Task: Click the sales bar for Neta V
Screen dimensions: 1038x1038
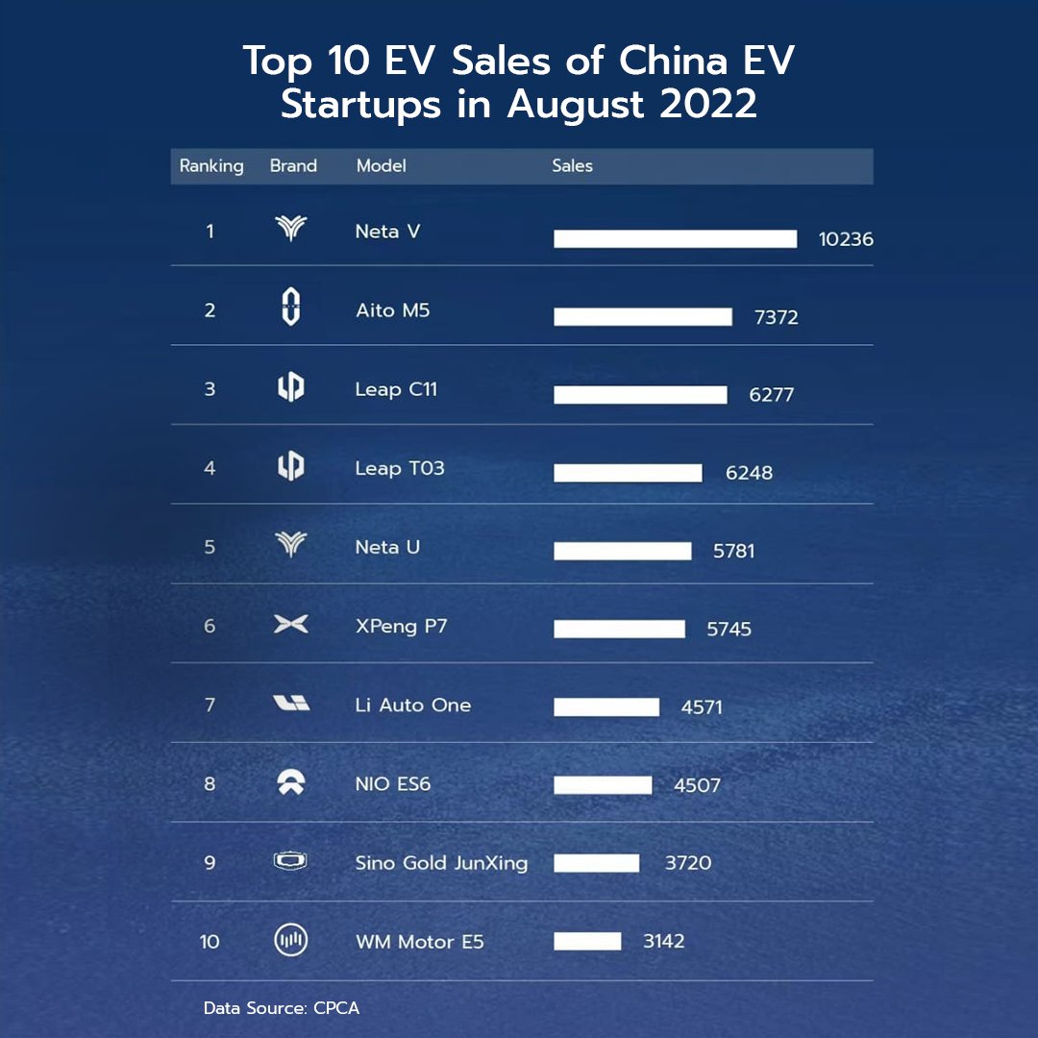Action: pos(675,238)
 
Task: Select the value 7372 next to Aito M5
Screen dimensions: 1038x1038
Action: pos(776,317)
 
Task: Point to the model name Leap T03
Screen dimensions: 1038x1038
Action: pos(399,468)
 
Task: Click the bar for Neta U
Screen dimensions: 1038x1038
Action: pos(622,551)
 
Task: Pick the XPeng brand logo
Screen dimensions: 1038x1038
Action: pos(290,625)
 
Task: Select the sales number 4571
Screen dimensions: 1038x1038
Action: pos(701,707)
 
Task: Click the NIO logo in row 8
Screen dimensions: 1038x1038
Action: pos(290,782)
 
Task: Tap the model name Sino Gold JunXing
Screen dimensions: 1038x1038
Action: pos(441,862)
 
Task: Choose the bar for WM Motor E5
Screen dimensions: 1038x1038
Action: pos(587,941)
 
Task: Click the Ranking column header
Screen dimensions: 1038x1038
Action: pos(211,165)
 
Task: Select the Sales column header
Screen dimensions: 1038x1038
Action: pos(572,165)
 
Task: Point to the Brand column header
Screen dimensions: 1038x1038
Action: pos(293,165)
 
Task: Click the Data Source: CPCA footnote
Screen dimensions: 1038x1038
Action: pos(281,1008)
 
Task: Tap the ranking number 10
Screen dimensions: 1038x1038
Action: pos(210,941)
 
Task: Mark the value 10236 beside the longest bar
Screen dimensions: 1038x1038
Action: pos(846,239)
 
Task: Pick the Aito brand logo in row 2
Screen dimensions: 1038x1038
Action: pos(290,309)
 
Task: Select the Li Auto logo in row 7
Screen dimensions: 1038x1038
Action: pos(290,704)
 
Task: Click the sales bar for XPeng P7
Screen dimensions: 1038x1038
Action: pos(619,630)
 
